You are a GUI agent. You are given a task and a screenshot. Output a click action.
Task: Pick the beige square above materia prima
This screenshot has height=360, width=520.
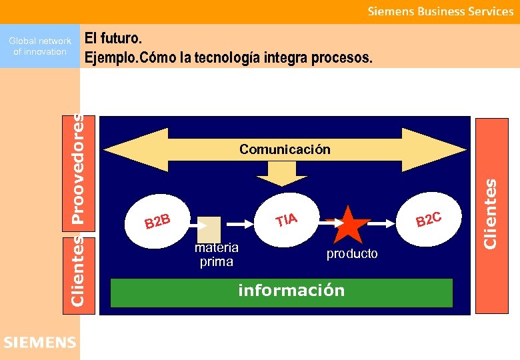[209, 229]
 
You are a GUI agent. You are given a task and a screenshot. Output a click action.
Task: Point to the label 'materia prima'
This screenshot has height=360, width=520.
[216, 255]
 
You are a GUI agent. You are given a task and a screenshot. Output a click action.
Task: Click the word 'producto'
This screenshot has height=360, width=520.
[352, 254]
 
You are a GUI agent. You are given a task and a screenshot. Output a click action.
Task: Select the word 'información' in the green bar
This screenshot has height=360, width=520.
[291, 291]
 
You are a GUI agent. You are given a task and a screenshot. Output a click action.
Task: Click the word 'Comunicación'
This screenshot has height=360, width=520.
[285, 149]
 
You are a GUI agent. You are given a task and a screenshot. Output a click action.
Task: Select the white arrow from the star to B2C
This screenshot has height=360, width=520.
[387, 224]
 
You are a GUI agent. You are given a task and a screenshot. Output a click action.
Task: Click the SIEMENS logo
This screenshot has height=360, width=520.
[40, 343]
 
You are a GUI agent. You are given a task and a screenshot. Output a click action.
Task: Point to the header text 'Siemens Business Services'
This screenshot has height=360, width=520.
[441, 11]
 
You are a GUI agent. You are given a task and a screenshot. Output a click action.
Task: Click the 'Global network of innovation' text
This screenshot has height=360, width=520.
[40, 47]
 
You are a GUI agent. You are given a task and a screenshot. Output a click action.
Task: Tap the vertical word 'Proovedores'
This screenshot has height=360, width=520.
[79, 169]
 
